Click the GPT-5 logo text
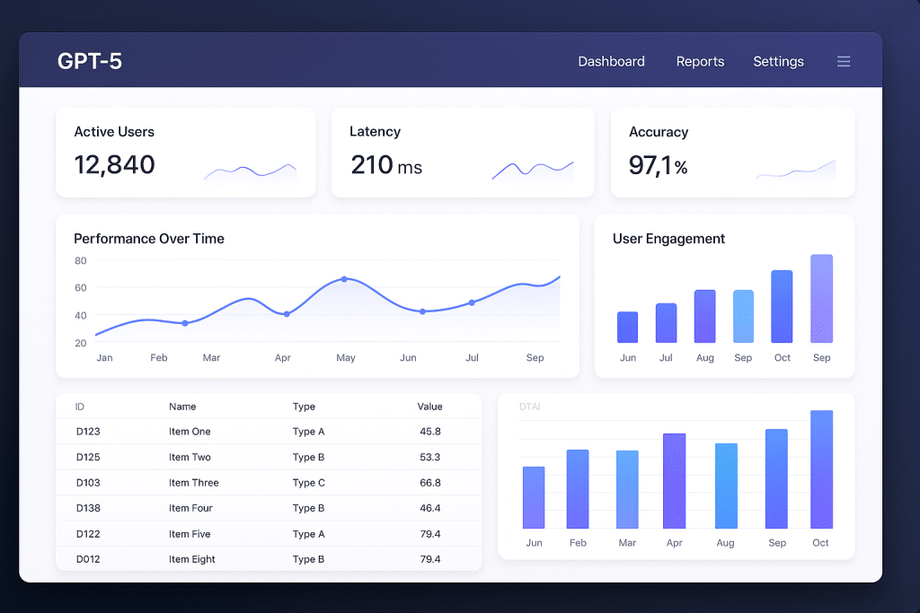pyautogui.click(x=90, y=61)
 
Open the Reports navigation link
pyautogui.click(x=700, y=61)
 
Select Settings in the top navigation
pyautogui.click(x=778, y=61)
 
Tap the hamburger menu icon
pyautogui.click(x=844, y=61)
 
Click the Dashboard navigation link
pyautogui.click(x=611, y=61)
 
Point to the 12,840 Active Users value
pyautogui.click(x=114, y=165)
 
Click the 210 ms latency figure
pyautogui.click(x=385, y=165)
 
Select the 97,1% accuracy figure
pyautogui.click(x=658, y=166)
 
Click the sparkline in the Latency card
pyautogui.click(x=533, y=169)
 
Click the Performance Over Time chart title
pyautogui.click(x=149, y=239)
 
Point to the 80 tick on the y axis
pyautogui.click(x=81, y=260)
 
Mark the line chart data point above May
pyautogui.click(x=344, y=279)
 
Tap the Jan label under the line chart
pyautogui.click(x=104, y=357)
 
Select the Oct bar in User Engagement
pyautogui.click(x=782, y=307)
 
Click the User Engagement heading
pyautogui.click(x=668, y=239)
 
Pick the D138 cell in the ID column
pyautogui.click(x=88, y=508)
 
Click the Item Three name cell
pyautogui.click(x=193, y=483)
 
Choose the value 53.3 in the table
pyautogui.click(x=430, y=457)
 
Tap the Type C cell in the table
pyautogui.click(x=309, y=483)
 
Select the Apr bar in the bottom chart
pyautogui.click(x=674, y=481)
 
